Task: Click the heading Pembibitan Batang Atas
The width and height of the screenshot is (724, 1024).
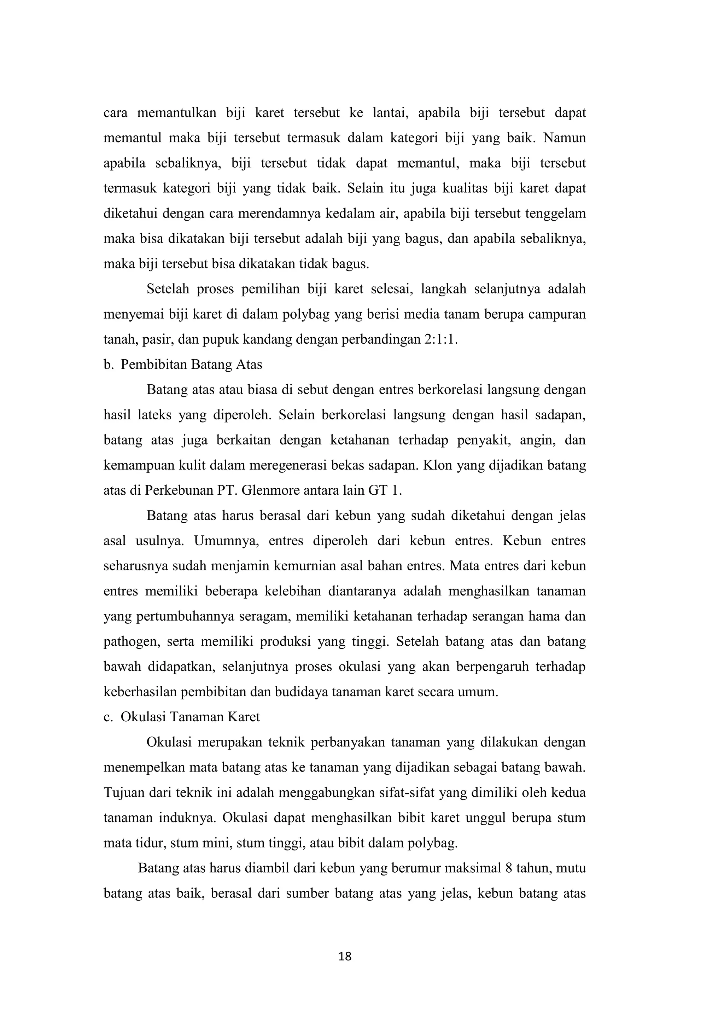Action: click(192, 365)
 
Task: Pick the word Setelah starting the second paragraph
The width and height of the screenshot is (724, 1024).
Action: click(168, 289)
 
